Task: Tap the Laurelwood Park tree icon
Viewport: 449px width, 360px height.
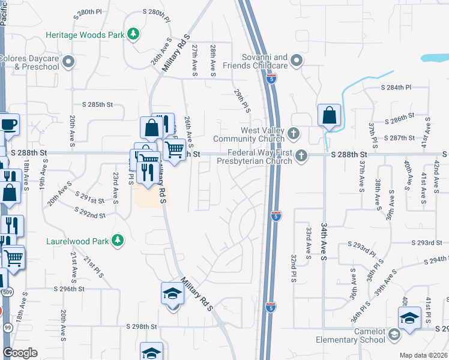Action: tap(118, 241)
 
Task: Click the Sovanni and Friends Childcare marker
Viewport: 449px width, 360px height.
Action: tap(297, 60)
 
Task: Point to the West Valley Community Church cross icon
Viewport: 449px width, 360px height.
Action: tap(293, 133)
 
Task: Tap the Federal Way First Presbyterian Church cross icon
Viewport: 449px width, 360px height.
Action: tap(302, 155)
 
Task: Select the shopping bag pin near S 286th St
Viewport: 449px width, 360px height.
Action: tap(329, 116)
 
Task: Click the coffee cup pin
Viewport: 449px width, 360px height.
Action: tap(8, 125)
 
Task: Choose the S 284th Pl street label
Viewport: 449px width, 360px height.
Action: tap(398, 88)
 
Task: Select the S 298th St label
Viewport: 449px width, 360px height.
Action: tap(141, 327)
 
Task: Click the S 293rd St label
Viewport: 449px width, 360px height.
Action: tap(430, 243)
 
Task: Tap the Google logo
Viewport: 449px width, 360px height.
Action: tap(20, 353)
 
